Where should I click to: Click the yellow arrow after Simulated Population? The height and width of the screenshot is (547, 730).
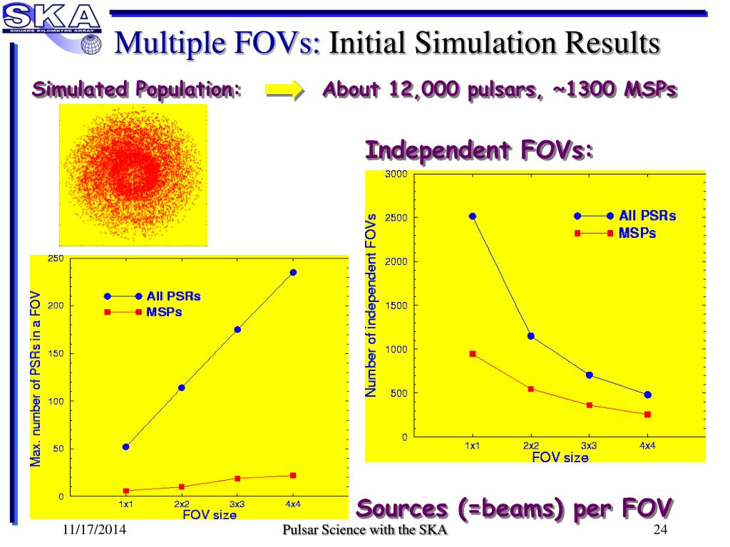click(x=284, y=90)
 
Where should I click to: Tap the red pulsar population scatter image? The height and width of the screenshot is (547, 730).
click(x=133, y=174)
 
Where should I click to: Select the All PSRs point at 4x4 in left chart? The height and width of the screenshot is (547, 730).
click(x=293, y=272)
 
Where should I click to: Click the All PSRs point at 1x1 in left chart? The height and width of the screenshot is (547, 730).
click(x=125, y=447)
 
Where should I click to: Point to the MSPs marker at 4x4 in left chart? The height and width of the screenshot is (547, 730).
click(x=293, y=475)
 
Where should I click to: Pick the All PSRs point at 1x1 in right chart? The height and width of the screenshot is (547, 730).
click(x=472, y=216)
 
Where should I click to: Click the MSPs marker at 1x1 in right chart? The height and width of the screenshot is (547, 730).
click(x=472, y=353)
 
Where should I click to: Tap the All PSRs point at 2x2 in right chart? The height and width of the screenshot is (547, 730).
click(x=530, y=335)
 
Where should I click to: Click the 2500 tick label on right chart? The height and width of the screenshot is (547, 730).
click(x=396, y=218)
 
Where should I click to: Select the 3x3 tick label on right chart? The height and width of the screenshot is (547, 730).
click(x=589, y=445)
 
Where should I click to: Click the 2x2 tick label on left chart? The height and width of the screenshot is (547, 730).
click(x=181, y=504)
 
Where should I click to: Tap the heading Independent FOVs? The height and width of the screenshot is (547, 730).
click(x=479, y=152)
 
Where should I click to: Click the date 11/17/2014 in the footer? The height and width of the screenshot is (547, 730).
click(x=92, y=530)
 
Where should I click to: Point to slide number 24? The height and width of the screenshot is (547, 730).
click(x=659, y=530)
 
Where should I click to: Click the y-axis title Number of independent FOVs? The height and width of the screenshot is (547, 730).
click(x=371, y=305)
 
